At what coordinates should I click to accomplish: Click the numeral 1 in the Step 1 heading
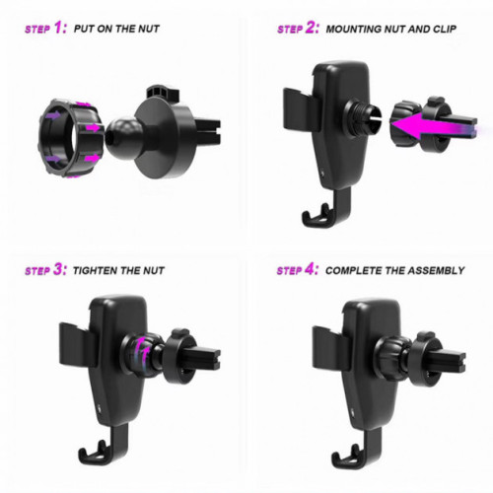[58, 28]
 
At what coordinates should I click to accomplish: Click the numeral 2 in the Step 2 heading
[311, 28]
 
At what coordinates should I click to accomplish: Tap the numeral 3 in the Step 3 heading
[58, 269]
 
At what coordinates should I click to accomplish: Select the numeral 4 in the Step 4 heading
[310, 269]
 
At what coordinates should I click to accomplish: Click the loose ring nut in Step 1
[71, 137]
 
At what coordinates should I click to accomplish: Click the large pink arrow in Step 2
[434, 127]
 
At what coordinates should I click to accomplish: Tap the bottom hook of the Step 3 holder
[102, 446]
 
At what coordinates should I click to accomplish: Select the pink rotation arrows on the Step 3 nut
[142, 350]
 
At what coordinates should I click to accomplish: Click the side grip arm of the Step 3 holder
[78, 343]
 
